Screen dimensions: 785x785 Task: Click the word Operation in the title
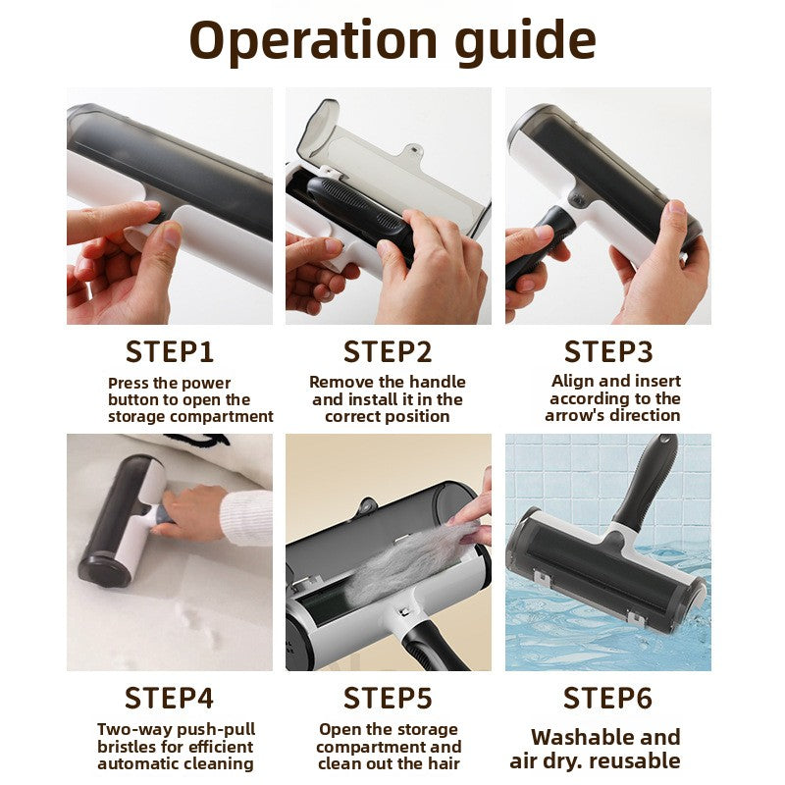[313, 41]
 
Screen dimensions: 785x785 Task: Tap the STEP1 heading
[169, 351]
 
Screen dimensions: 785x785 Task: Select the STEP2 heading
[388, 351]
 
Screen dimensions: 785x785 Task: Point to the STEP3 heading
[608, 351]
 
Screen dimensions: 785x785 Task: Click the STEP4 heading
[169, 698]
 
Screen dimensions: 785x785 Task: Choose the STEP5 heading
[388, 698]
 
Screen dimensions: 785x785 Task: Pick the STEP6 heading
[607, 698]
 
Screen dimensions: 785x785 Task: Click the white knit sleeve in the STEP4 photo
[246, 518]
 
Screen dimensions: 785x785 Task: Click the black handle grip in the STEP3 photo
[539, 247]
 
